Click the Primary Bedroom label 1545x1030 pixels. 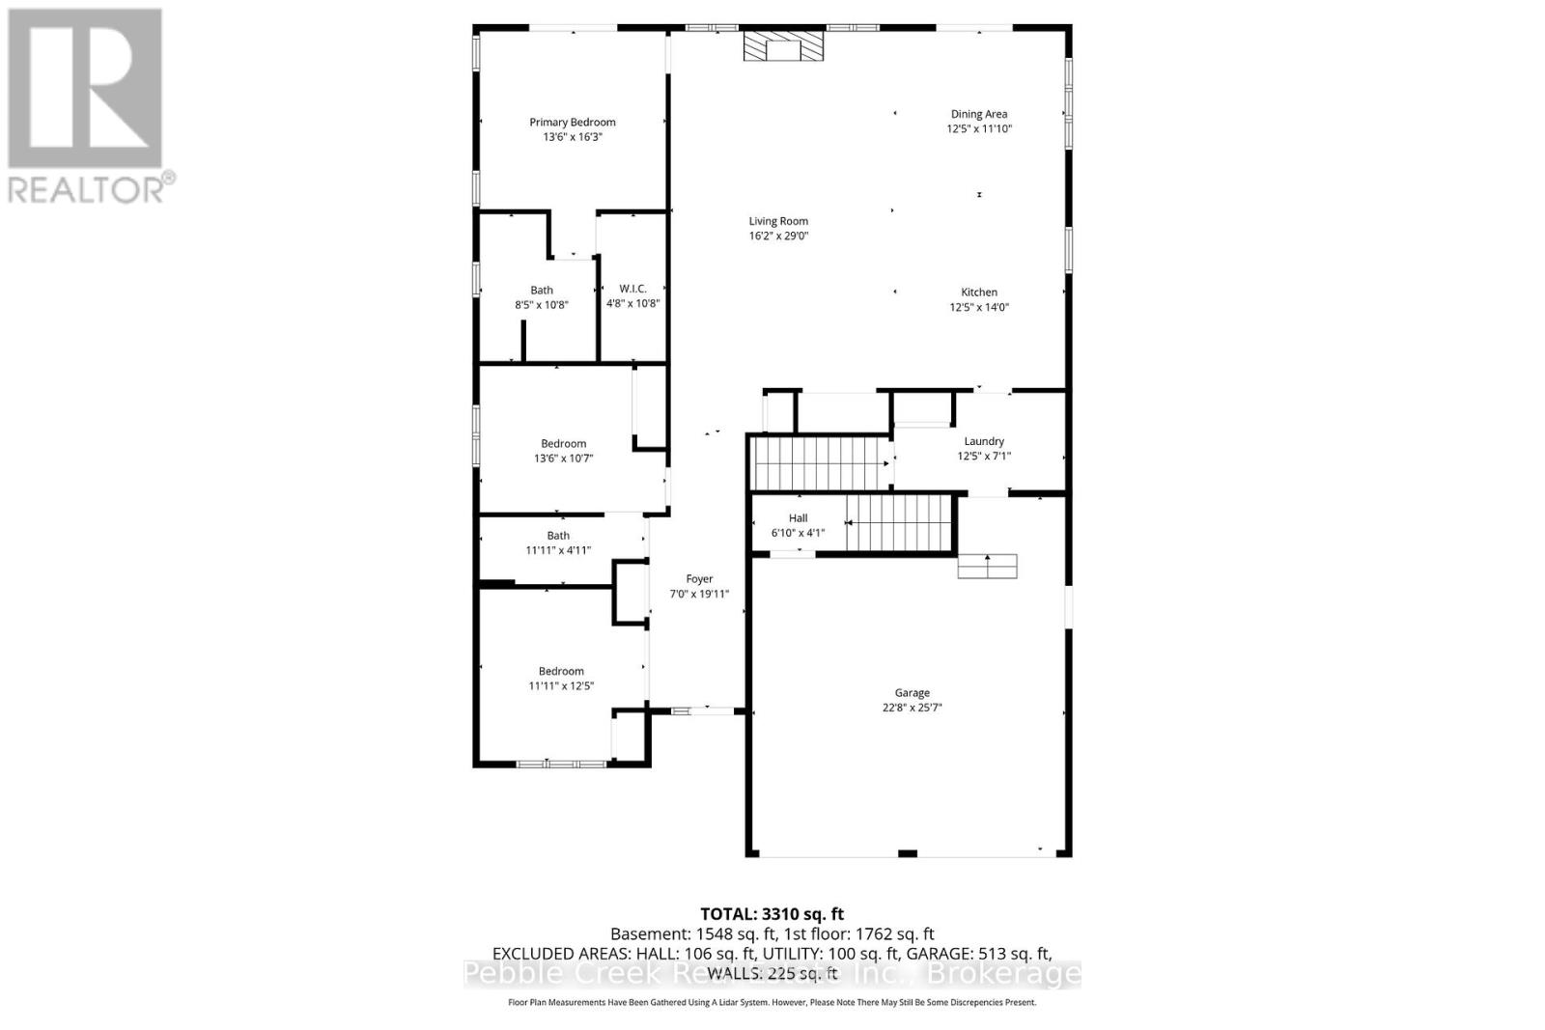click(572, 122)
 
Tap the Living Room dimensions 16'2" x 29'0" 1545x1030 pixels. click(778, 236)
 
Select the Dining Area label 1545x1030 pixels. click(978, 114)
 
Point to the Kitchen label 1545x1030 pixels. click(978, 292)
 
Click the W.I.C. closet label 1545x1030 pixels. click(632, 289)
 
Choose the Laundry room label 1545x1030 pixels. click(983, 441)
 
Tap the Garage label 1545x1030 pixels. click(912, 692)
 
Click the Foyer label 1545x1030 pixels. click(699, 579)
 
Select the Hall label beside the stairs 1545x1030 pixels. click(798, 518)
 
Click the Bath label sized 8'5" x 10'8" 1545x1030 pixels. click(541, 290)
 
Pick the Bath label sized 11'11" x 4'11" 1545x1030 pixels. click(558, 536)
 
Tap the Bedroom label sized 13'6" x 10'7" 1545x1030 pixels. click(563, 444)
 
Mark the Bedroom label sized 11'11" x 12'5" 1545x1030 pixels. click(561, 671)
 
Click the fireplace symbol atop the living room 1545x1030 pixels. click(783, 47)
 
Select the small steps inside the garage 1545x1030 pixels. click(987, 567)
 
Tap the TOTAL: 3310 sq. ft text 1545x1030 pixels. click(772, 914)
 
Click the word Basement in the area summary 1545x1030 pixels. click(650, 934)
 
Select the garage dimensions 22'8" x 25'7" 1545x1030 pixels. click(912, 708)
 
